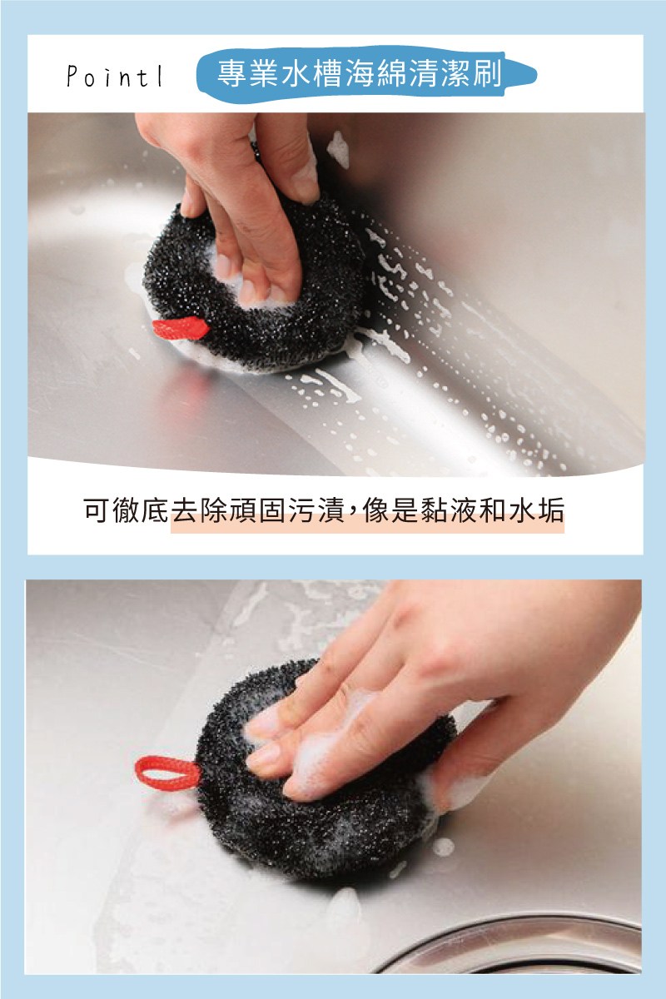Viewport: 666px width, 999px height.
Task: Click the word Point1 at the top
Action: [x=115, y=77]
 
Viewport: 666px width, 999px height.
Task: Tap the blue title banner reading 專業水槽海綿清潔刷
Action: [x=365, y=74]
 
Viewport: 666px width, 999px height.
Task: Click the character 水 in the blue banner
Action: [x=295, y=73]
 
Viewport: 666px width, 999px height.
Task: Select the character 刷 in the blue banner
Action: [x=487, y=73]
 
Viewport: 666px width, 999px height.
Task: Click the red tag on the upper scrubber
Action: [x=180, y=328]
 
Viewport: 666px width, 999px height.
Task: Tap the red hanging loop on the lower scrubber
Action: [x=167, y=773]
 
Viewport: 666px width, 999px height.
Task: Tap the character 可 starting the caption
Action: [x=97, y=509]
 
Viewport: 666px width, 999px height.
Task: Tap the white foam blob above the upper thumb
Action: [x=339, y=149]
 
